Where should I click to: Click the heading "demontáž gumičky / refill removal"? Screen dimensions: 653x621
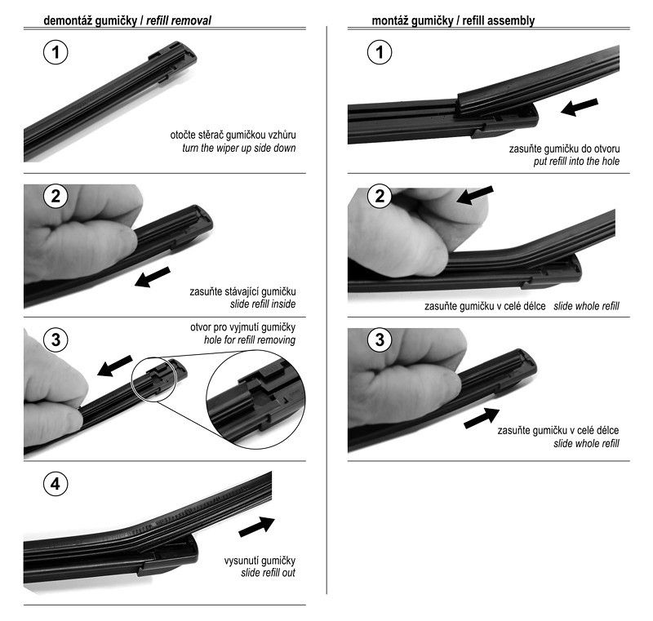pos(127,20)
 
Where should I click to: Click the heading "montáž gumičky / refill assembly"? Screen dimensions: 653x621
pos(453,20)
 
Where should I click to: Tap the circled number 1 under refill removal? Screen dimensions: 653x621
pos(56,52)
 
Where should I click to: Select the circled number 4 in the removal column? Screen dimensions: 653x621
pos(56,484)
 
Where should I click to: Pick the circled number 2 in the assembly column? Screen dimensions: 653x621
pos(380,196)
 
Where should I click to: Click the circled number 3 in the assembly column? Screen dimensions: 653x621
pos(380,339)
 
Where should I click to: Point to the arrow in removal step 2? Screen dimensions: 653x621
pos(153,277)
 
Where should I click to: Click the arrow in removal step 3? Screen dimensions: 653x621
pos(114,366)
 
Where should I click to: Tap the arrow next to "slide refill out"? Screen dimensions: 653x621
pos(257,526)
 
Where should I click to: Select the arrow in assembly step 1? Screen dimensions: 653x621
pos(580,107)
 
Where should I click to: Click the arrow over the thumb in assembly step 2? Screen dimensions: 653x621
pos(475,195)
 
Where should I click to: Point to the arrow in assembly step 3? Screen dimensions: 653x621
pos(482,418)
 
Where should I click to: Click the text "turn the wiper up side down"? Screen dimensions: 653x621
pos(239,149)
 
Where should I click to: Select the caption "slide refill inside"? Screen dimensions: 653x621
pos(263,304)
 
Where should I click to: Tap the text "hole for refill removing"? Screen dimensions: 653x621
pos(250,340)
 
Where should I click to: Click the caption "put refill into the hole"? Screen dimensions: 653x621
pos(576,162)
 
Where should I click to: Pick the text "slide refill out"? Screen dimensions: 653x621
pos(268,573)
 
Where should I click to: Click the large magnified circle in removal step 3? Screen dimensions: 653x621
pos(255,399)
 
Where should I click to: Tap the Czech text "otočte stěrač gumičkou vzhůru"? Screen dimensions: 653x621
pos(233,135)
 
